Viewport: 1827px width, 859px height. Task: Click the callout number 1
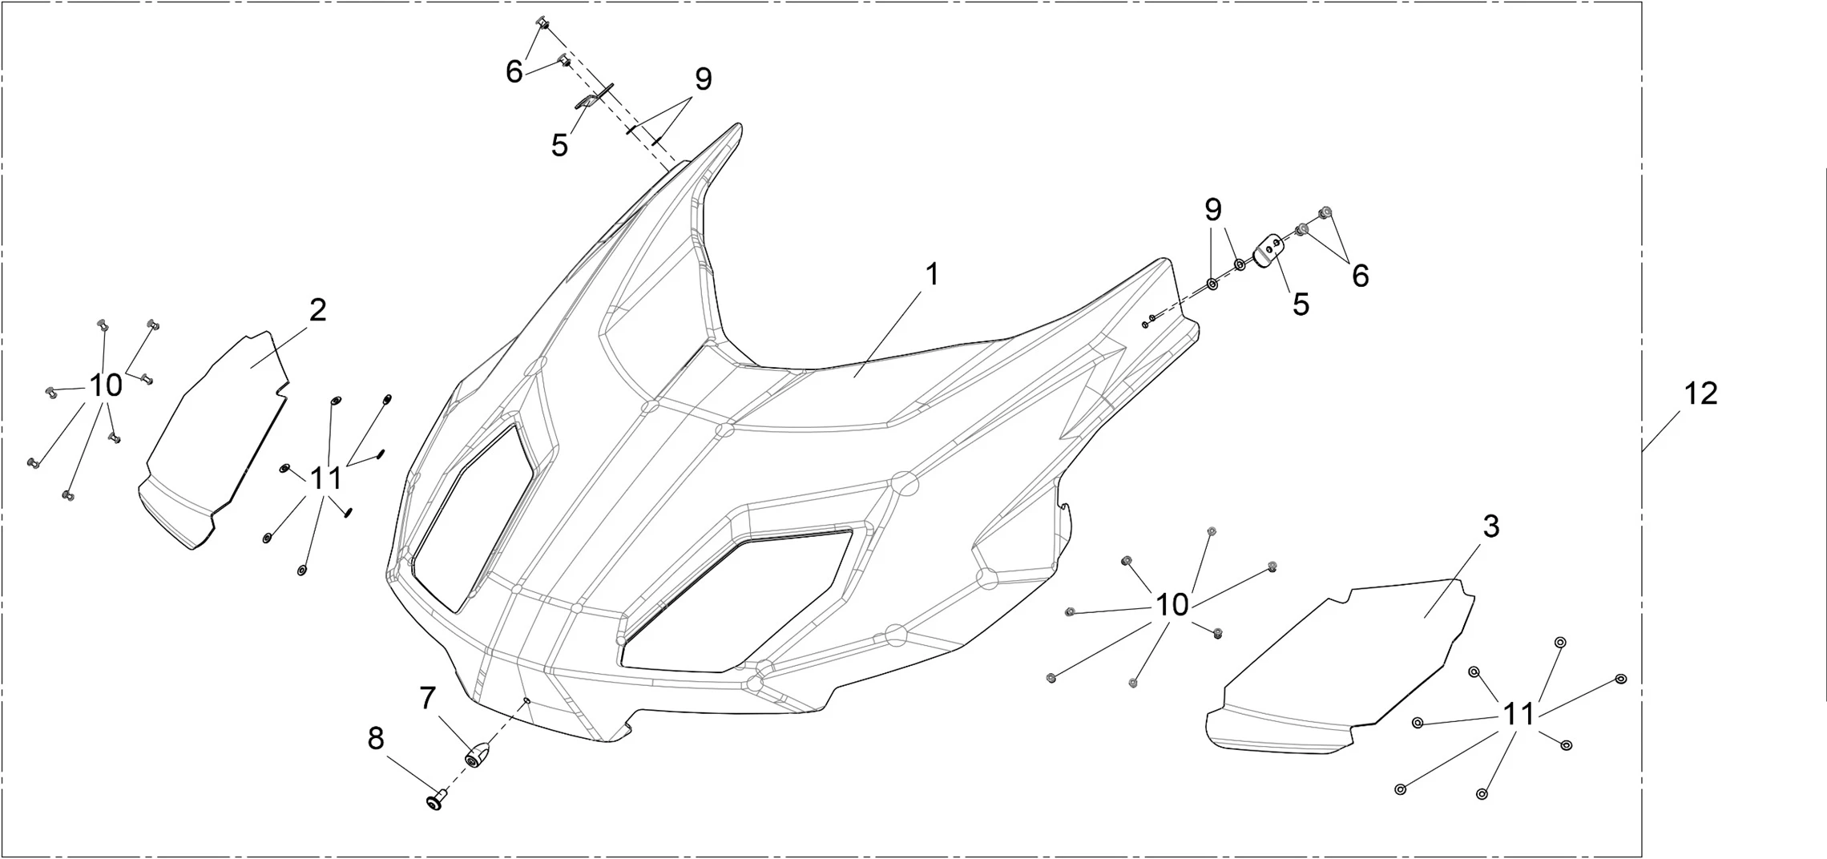[x=931, y=275]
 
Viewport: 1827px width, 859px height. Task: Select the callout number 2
[x=317, y=310]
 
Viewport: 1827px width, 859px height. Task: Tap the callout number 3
[x=1490, y=526]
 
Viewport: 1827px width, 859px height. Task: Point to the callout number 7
[x=427, y=698]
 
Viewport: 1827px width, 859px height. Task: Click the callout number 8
[x=375, y=738]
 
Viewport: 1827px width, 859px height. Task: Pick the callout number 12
[x=1700, y=394]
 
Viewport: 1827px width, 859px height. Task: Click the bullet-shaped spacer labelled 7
[x=478, y=754]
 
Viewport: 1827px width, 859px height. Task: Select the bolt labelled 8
[x=436, y=799]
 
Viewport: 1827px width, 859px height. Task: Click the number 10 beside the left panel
[x=105, y=385]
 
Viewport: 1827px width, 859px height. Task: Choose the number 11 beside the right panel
[x=1518, y=714]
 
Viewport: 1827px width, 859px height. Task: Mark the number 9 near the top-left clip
[x=703, y=79]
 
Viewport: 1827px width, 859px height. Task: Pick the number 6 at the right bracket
[x=1360, y=276]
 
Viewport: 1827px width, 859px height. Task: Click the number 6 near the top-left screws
[x=514, y=72]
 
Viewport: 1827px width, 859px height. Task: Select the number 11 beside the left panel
[x=325, y=478]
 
